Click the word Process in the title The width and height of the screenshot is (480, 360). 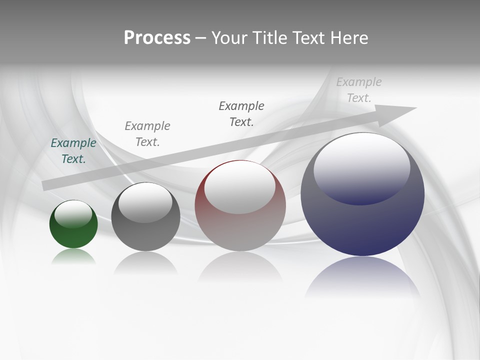pos(157,38)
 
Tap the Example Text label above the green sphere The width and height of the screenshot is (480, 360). pos(73,151)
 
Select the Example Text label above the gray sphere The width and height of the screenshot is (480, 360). pos(147,134)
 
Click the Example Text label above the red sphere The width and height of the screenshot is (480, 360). pos(241,114)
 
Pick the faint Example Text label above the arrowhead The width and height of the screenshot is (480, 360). pos(359,90)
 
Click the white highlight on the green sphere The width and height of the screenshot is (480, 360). pos(73,214)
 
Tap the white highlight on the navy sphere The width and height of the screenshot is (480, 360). pos(361,167)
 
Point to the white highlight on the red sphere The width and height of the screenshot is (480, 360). pos(239,188)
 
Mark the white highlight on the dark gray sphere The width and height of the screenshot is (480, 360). pos(145,202)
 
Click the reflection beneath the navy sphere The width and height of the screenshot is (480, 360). pos(362,277)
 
